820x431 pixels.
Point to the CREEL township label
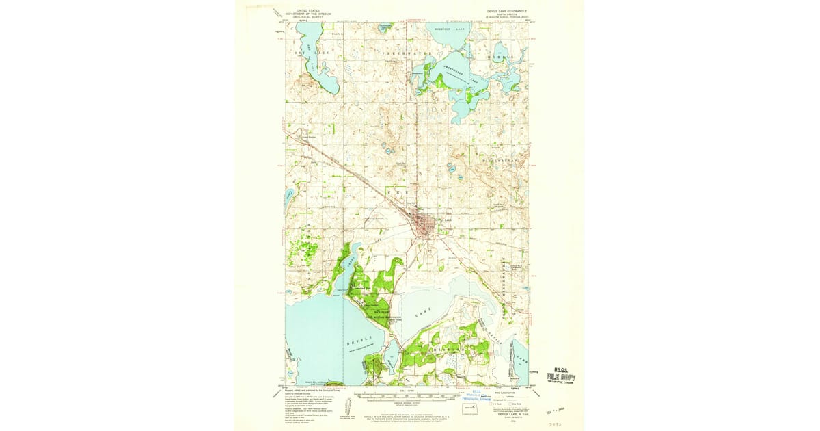click(399, 194)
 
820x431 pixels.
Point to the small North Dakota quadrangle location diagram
click(471, 409)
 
